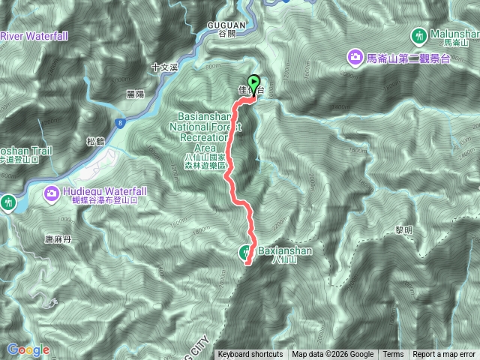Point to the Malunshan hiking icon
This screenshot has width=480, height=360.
418,34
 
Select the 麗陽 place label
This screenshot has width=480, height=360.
136,94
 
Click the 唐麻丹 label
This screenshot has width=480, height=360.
58,239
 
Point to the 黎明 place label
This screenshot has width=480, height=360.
403,232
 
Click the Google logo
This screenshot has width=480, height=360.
28,349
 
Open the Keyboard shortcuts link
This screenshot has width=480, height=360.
250,355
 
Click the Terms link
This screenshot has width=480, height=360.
393,355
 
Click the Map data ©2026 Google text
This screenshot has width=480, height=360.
333,355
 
